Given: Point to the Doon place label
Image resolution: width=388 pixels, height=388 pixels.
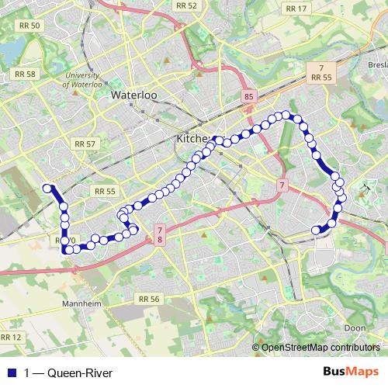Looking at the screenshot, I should click(355, 328).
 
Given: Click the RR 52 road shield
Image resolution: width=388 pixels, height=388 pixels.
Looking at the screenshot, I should click(186, 5).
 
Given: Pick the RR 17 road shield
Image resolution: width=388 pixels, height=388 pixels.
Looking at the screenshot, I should click(296, 9).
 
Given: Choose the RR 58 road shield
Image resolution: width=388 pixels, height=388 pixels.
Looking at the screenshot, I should click(26, 74).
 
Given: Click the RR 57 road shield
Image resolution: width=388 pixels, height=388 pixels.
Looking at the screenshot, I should click(83, 144).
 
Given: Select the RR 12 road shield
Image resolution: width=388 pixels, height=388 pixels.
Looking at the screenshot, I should click(11, 337).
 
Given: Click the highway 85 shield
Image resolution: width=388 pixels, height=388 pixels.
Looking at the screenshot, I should click(248, 96).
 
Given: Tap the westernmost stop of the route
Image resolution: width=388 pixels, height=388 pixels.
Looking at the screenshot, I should click(47, 188).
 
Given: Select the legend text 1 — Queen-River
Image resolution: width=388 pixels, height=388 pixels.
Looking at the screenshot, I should click(68, 374).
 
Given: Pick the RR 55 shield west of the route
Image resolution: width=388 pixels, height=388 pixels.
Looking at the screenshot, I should click(103, 191).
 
